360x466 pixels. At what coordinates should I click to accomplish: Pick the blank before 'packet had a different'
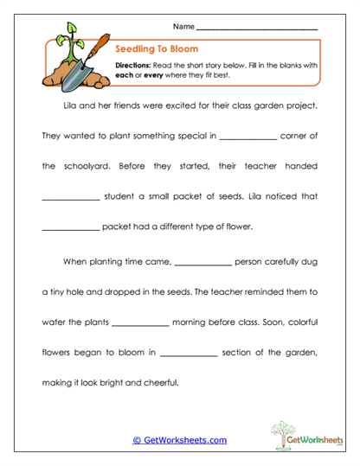tap(70, 229)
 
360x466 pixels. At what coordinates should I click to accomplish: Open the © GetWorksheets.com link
tap(179, 440)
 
